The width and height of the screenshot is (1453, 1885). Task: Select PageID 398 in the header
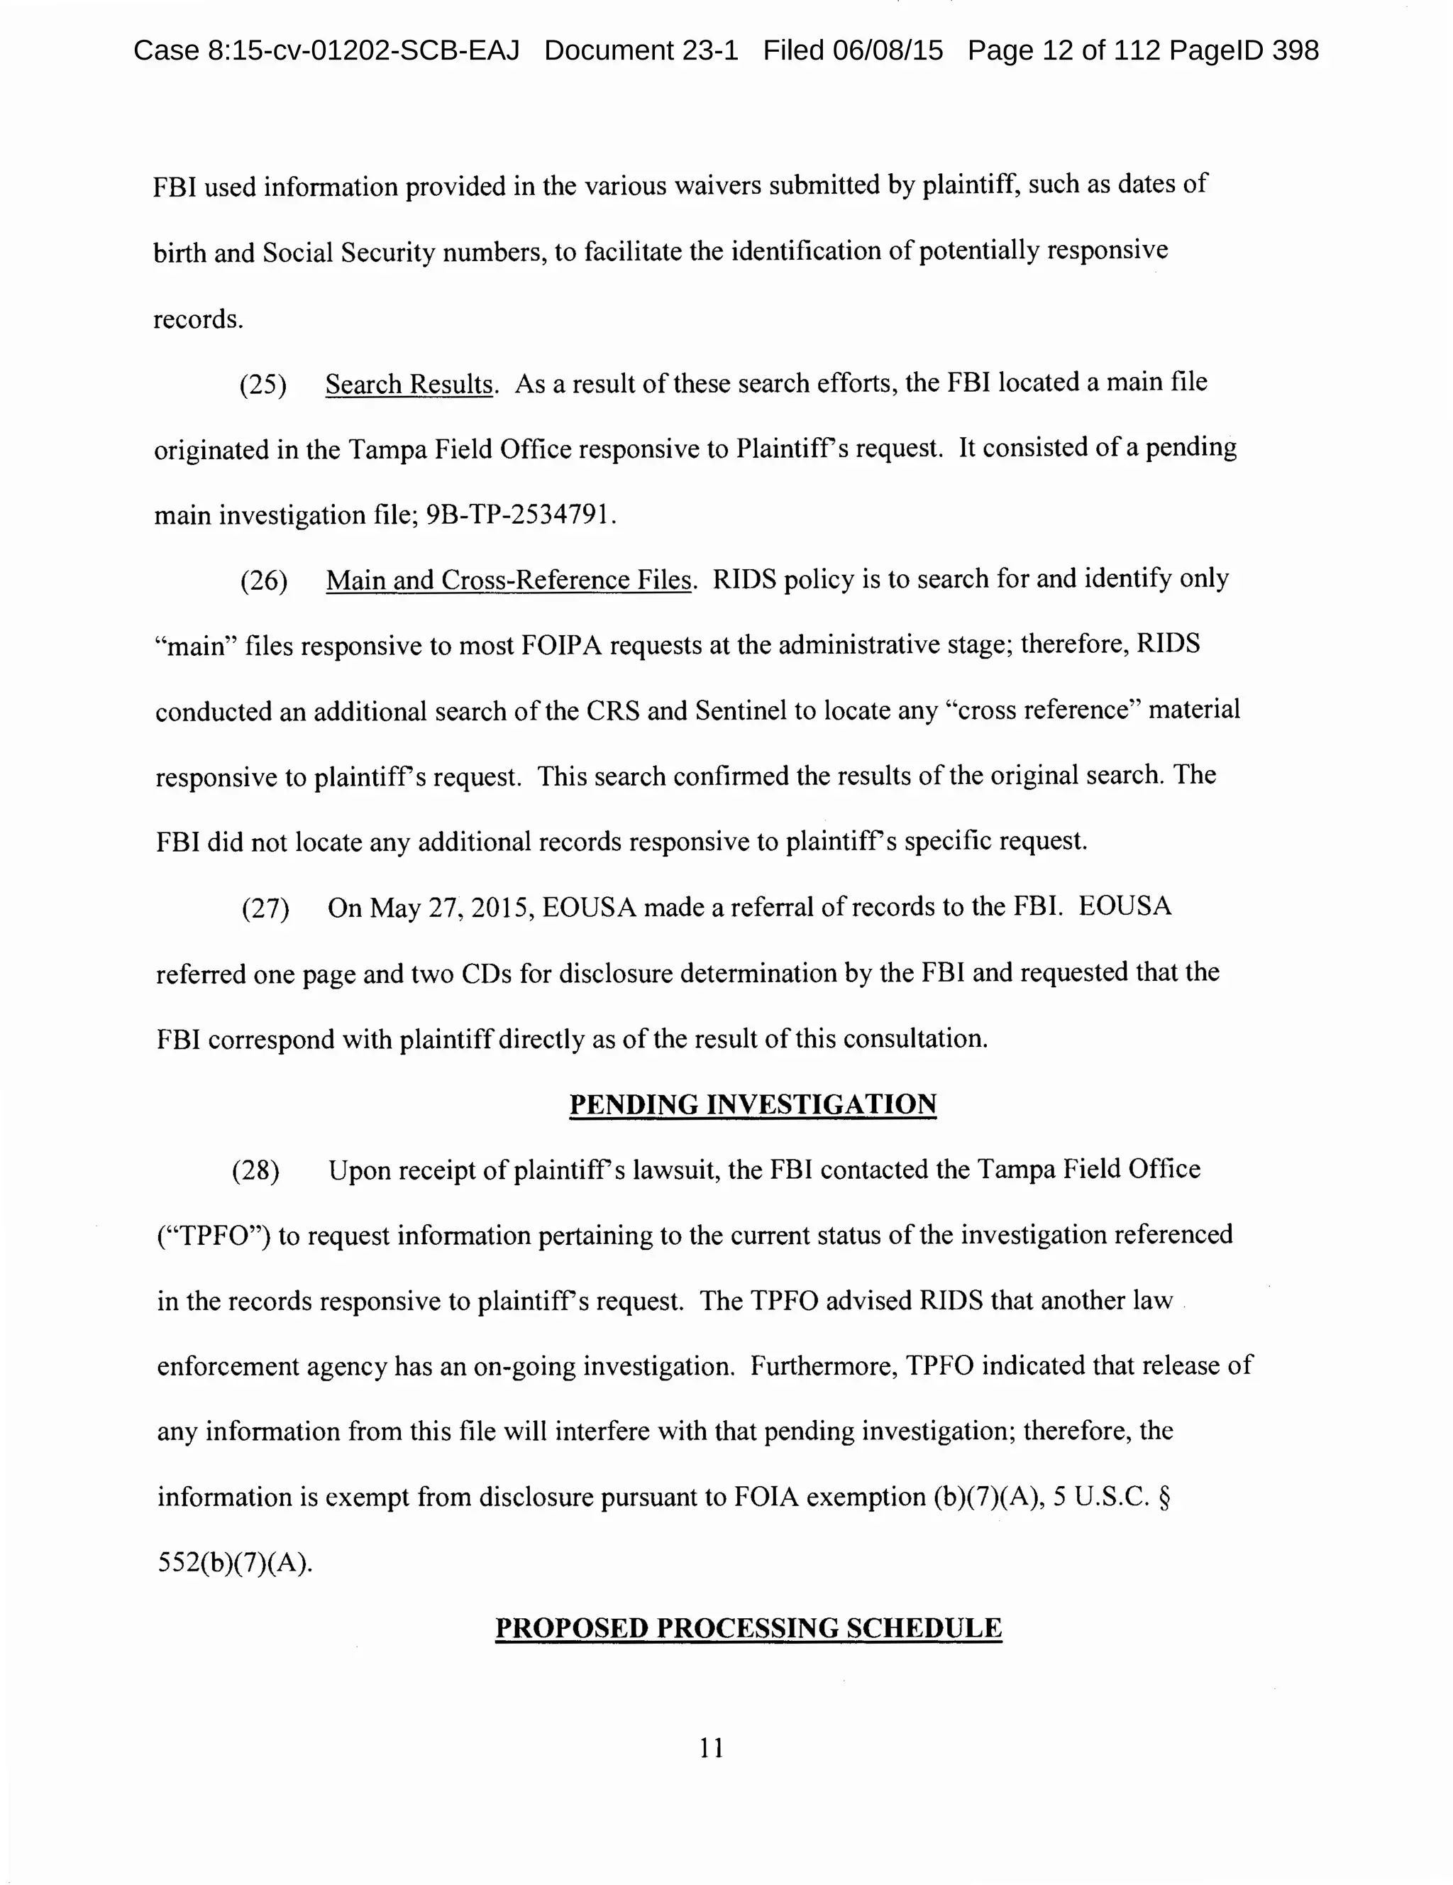(1243, 51)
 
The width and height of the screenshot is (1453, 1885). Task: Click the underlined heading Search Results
(408, 384)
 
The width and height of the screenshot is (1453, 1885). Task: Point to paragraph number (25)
(263, 385)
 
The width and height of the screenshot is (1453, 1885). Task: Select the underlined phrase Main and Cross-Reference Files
(509, 580)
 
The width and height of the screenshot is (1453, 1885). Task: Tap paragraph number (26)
(263, 581)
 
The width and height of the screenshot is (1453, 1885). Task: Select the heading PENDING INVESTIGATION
(752, 1105)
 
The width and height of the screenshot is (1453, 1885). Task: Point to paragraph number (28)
(255, 1171)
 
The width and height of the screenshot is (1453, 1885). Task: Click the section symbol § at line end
(1164, 1497)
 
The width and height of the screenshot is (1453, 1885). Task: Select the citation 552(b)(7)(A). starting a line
(235, 1563)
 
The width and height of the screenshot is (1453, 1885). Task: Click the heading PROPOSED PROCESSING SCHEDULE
(748, 1629)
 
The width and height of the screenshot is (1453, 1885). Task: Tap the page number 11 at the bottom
(712, 1748)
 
